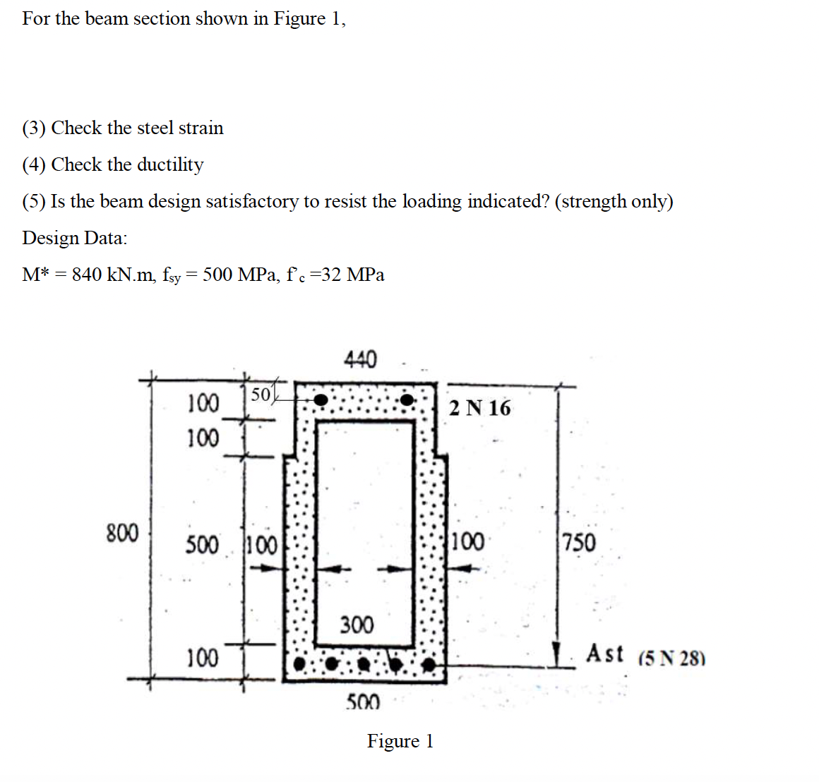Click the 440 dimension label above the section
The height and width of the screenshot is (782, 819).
point(360,359)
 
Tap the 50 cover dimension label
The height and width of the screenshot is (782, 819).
point(261,395)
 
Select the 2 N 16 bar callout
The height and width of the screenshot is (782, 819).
point(480,408)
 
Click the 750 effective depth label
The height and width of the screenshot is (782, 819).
point(579,543)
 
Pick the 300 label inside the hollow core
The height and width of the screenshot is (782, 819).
point(357,625)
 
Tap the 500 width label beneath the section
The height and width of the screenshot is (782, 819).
point(363,702)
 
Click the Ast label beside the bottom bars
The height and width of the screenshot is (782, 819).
point(605,654)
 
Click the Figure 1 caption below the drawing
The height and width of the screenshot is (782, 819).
point(400,741)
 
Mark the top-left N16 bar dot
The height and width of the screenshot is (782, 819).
point(321,400)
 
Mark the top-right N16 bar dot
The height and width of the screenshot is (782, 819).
point(408,400)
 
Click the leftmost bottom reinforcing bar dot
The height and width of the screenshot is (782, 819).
point(300,664)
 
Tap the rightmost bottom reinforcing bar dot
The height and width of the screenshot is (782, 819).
point(429,664)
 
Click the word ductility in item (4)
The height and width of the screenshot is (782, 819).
point(170,164)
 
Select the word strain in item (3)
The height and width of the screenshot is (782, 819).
point(201,128)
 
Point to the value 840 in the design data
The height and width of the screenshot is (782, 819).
point(87,275)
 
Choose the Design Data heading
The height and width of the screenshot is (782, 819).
point(75,238)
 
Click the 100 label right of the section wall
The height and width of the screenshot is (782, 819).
point(467,543)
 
